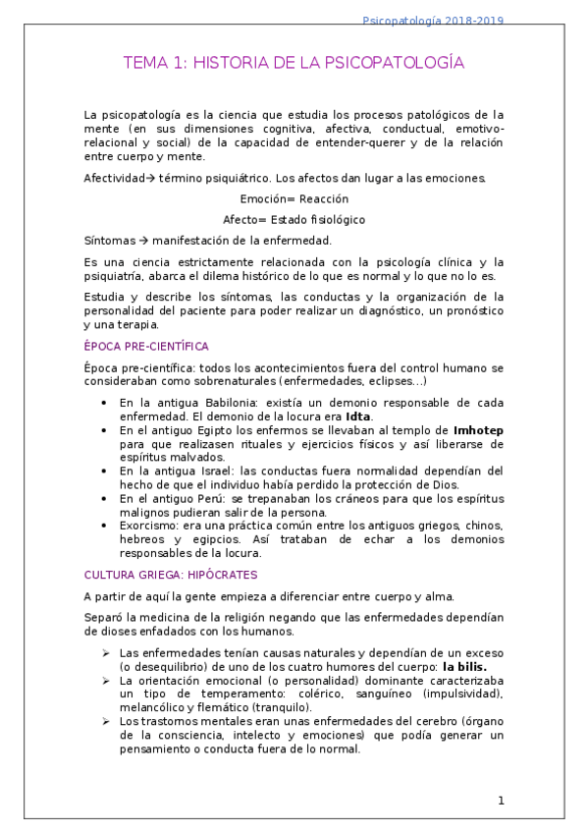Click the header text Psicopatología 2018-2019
point(488,21)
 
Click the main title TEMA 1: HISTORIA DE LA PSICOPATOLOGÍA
point(294,64)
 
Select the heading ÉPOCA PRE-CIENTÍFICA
point(146,346)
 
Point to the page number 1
point(501,801)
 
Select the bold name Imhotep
point(478,430)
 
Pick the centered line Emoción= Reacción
point(294,198)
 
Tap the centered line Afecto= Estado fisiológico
point(294,219)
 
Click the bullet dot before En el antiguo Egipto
point(104,430)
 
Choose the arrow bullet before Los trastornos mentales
point(105,721)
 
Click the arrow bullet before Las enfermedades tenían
point(105,652)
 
